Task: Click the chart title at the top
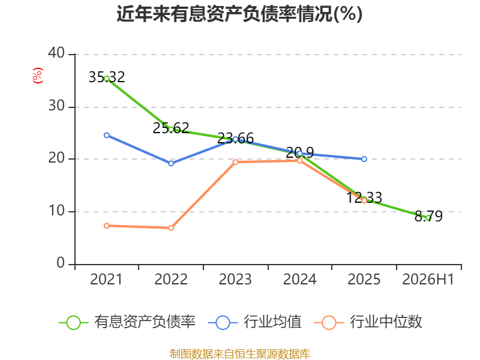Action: pos(239,14)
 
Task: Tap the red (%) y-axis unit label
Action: pos(38,76)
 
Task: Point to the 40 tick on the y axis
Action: pos(56,53)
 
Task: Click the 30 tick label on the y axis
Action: pos(56,106)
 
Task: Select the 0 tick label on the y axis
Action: pos(61,263)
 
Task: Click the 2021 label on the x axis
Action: pos(106,279)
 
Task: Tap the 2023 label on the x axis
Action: pos(235,279)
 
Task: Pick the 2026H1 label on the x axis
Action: pos(428,279)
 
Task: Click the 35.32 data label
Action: pos(107,77)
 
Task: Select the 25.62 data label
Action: pos(171,128)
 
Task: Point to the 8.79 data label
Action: pos(428,216)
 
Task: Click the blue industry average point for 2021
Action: pos(107,136)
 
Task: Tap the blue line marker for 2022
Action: pos(171,163)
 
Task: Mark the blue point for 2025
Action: pos(364,159)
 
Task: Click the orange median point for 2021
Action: pos(107,226)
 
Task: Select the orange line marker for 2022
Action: pos(171,228)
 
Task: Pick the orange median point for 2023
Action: pos(235,162)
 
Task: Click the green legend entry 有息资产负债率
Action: pos(127,322)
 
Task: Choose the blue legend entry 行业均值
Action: pos(254,322)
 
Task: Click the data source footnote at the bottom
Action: pos(240,354)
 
